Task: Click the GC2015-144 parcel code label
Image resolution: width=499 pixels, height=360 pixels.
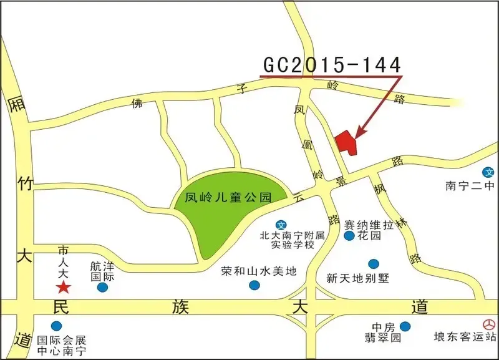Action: click(331, 64)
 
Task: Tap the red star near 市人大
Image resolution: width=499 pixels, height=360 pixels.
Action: click(63, 287)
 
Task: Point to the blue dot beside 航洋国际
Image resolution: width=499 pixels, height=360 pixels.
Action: click(102, 288)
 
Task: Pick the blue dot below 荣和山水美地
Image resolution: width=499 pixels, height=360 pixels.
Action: click(254, 285)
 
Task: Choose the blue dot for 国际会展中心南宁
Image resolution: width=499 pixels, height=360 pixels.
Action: click(57, 326)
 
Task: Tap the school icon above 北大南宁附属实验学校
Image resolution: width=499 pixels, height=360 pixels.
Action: click(281, 225)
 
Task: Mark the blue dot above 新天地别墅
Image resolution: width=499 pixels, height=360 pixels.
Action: click(373, 264)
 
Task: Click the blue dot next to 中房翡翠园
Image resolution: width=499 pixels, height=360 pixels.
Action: click(405, 326)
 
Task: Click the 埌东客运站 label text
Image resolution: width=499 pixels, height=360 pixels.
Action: click(465, 338)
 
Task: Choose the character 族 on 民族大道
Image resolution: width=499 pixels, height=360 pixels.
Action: click(180, 307)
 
